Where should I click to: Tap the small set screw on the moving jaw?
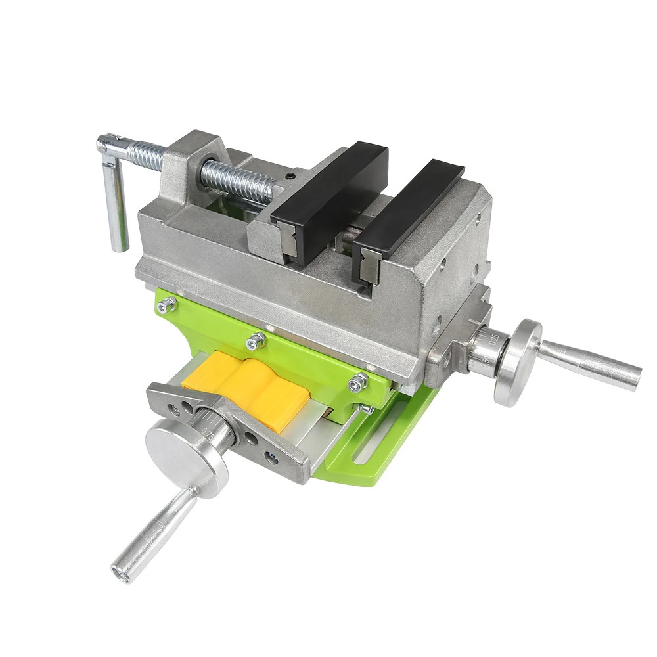289,176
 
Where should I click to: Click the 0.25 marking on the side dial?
493,339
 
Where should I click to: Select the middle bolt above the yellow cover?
256,340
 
